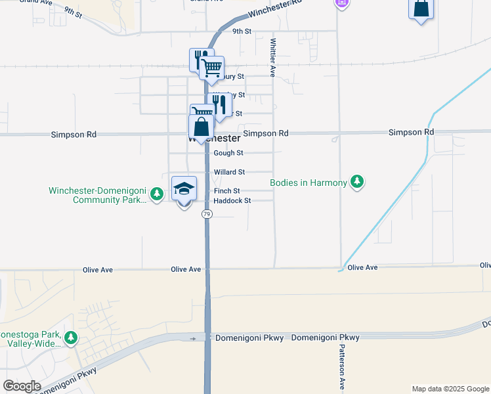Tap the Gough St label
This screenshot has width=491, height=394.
[228, 153]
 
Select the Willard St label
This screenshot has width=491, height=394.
[229, 172]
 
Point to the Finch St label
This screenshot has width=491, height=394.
[227, 191]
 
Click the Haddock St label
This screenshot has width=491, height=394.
[232, 201]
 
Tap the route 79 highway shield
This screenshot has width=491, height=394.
[207, 215]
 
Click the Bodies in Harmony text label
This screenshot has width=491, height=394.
[309, 182]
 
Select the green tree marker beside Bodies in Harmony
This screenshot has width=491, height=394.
[356, 181]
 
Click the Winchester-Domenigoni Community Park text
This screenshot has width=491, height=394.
[98, 196]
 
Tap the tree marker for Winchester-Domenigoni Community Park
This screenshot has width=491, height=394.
[156, 194]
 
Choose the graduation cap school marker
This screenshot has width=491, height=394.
[184, 190]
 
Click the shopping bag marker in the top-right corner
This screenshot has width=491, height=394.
[420, 9]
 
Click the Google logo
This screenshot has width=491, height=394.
[21, 386]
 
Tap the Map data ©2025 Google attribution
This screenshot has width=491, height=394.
[450, 389]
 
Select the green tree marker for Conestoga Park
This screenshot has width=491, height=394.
[70, 339]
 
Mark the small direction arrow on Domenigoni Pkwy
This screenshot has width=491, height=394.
[193, 339]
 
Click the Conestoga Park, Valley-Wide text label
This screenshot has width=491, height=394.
[30, 339]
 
